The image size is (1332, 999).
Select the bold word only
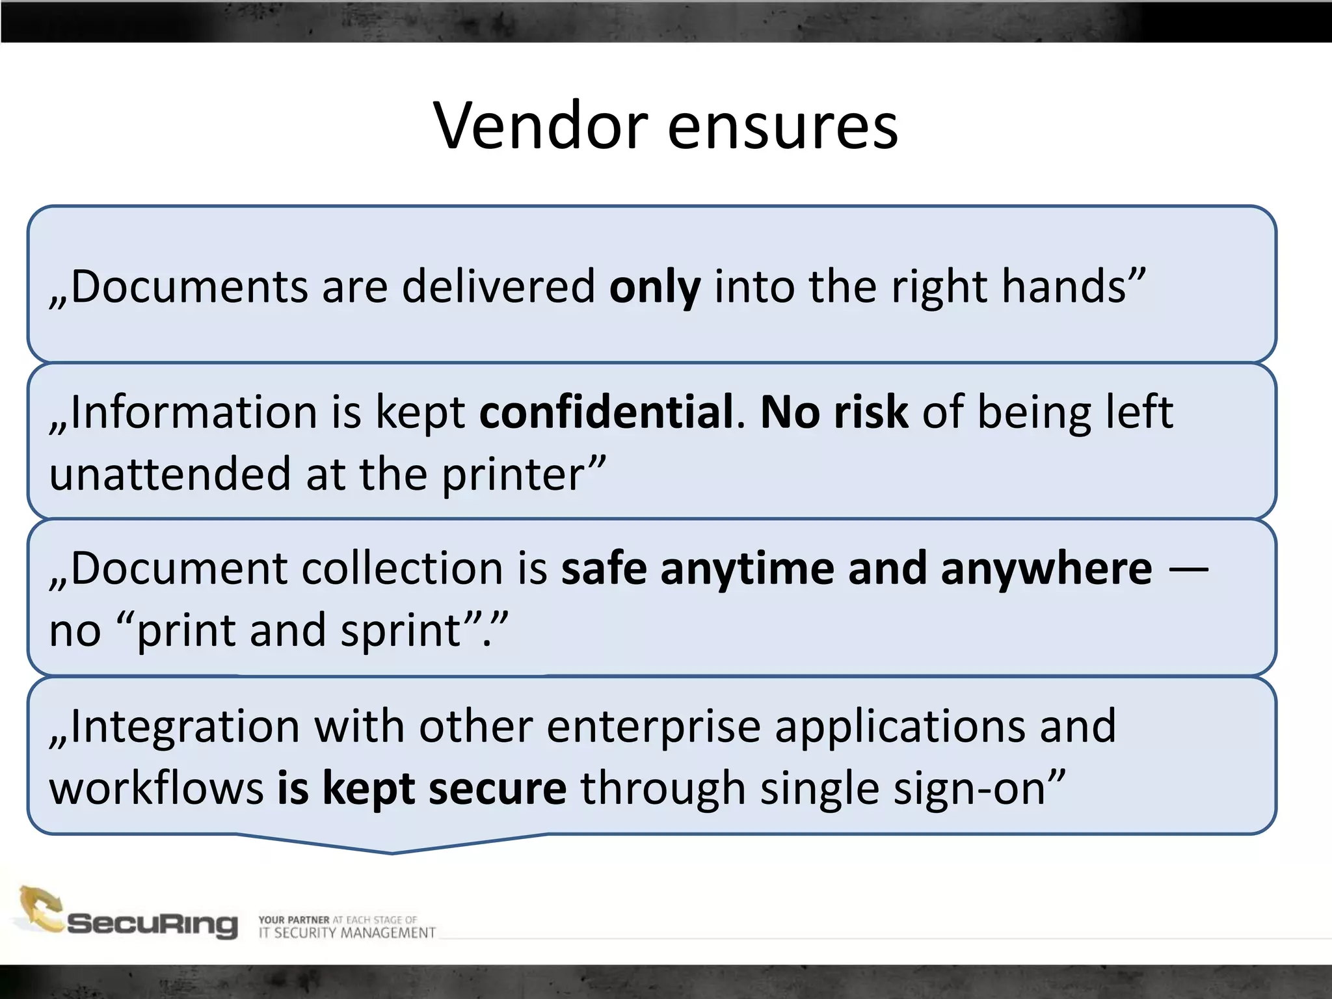click(x=654, y=287)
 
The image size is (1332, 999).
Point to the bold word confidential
click(x=606, y=412)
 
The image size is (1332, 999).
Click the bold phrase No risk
click(x=834, y=412)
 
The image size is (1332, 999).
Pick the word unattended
click(x=170, y=474)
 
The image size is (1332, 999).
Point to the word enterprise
click(x=653, y=727)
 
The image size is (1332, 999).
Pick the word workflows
click(x=156, y=788)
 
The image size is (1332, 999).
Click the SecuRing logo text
click(x=153, y=924)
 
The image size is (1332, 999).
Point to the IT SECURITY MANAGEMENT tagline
click(x=347, y=933)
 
